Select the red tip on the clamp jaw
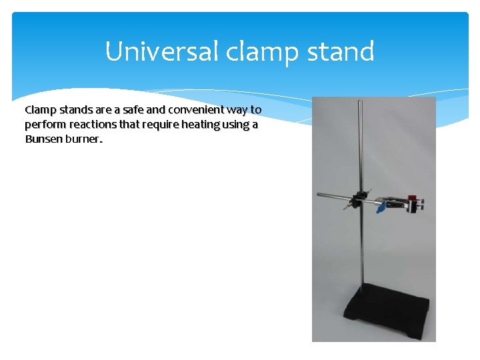[x=413, y=198]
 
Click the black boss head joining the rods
[x=361, y=197]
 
